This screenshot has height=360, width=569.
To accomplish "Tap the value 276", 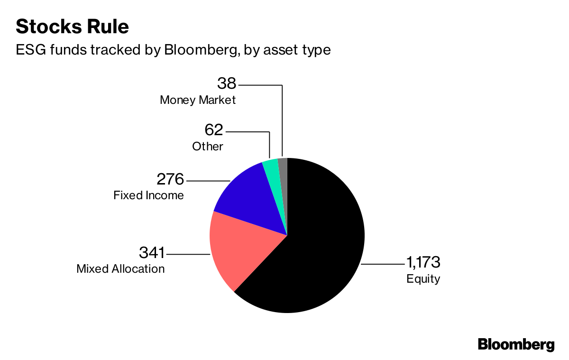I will (x=170, y=180).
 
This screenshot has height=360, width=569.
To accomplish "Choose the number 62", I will (x=214, y=129).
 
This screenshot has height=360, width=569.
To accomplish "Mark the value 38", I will (x=227, y=84).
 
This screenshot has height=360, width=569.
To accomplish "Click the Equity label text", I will (x=423, y=279).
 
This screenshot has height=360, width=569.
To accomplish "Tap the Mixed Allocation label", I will (x=120, y=269).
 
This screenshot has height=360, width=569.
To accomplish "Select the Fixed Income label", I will (x=148, y=195).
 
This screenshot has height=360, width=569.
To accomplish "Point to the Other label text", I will (x=207, y=146).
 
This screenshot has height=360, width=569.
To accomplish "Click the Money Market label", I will (x=198, y=101).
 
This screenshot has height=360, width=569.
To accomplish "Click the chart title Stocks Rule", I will (x=72, y=27).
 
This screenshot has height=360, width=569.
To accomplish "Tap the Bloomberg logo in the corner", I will (x=516, y=344).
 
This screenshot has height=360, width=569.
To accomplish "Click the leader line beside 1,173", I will (x=382, y=263).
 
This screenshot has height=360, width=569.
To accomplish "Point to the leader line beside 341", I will (x=188, y=255).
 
